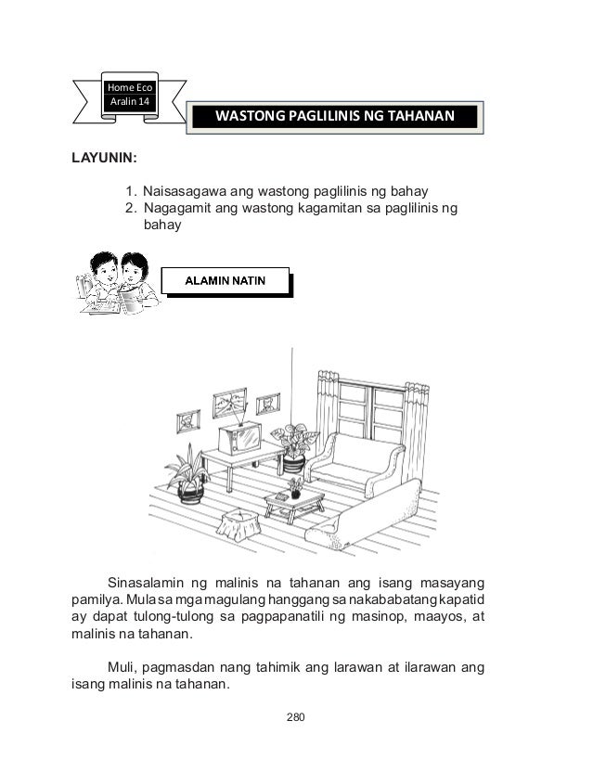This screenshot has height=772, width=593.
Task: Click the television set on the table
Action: pyautogui.click(x=240, y=437)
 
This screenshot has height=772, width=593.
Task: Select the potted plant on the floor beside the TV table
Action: pyautogui.click(x=188, y=474)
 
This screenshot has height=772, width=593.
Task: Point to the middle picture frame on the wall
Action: pyautogui.click(x=229, y=403)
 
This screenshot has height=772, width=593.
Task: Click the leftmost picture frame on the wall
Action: pyautogui.click(x=189, y=421)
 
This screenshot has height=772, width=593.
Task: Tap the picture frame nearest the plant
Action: pyautogui.click(x=268, y=404)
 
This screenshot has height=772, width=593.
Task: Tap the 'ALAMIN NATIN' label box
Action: pyautogui.click(x=226, y=279)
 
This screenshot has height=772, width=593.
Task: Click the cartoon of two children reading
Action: pyautogui.click(x=118, y=282)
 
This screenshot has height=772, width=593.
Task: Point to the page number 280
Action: pyautogui.click(x=296, y=717)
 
